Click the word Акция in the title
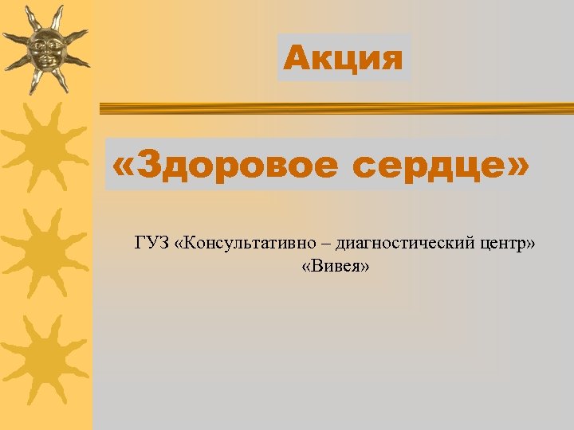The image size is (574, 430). click(x=344, y=58)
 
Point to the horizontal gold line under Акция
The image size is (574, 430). click(x=335, y=110)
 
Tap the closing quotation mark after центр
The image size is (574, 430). click(x=529, y=242)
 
